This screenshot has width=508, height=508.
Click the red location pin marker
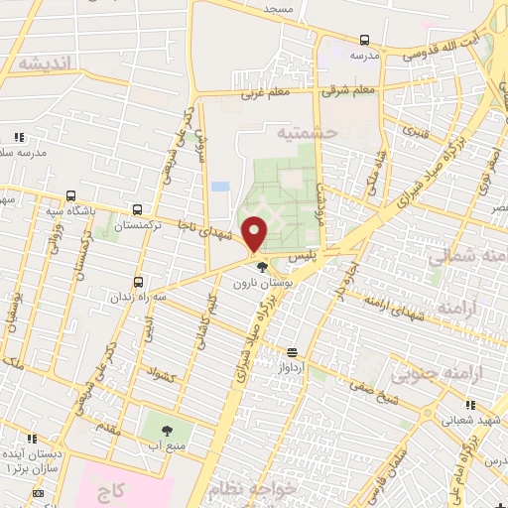pos(255,233)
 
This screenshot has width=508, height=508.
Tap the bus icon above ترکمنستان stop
pos(137,209)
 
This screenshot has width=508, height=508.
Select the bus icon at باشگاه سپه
pos(69,195)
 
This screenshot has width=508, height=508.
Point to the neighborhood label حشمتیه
pos(308,131)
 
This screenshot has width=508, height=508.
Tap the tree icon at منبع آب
pos(166,431)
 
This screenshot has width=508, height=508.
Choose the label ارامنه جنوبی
pos(431,375)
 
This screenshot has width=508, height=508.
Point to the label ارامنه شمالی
pos(466,257)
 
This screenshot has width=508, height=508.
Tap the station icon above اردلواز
pos(292,352)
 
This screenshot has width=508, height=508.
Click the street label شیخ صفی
pos(370,398)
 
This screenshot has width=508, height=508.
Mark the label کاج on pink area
pos(111,491)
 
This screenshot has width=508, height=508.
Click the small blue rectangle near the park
pos(220,187)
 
